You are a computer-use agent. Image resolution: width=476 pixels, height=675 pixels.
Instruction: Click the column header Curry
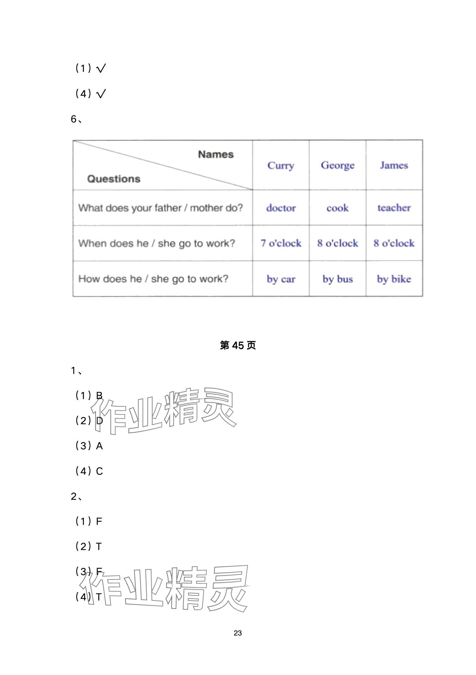[x=281, y=165]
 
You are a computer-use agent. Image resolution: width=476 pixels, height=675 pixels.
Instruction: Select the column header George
[x=338, y=165]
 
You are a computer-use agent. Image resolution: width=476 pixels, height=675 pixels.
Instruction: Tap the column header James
[x=394, y=165]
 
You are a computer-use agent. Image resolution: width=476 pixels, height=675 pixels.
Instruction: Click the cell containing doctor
[x=281, y=208]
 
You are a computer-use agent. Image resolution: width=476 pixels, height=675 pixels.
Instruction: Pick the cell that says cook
[x=338, y=208]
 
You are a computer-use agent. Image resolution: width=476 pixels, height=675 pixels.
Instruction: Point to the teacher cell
[x=394, y=208]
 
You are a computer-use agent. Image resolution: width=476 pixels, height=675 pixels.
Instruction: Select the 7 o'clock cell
[x=281, y=243]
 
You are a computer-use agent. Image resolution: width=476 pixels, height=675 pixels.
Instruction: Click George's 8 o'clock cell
[x=338, y=243]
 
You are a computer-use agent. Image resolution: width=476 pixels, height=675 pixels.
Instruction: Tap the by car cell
[x=281, y=279]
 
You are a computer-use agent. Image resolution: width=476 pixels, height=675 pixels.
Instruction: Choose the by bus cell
[x=338, y=279]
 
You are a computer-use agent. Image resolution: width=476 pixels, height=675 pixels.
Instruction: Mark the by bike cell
[x=394, y=279]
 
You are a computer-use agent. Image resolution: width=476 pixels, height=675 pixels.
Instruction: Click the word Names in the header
[x=216, y=154]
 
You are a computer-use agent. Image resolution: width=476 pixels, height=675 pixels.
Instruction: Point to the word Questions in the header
[x=114, y=179]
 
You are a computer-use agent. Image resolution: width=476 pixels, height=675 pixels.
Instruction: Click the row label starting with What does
[x=161, y=208]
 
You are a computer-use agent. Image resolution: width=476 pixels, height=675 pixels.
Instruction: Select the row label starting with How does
[x=153, y=279]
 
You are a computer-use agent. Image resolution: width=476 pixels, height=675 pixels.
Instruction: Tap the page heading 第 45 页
[x=238, y=345]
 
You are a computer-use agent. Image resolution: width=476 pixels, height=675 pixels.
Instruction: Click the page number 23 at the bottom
[x=238, y=633]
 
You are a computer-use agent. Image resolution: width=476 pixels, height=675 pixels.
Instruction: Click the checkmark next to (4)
[x=101, y=94]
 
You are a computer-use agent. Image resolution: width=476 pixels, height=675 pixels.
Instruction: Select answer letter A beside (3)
[x=100, y=446]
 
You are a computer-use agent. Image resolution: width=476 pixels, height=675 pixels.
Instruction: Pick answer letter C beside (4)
[x=100, y=471]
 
